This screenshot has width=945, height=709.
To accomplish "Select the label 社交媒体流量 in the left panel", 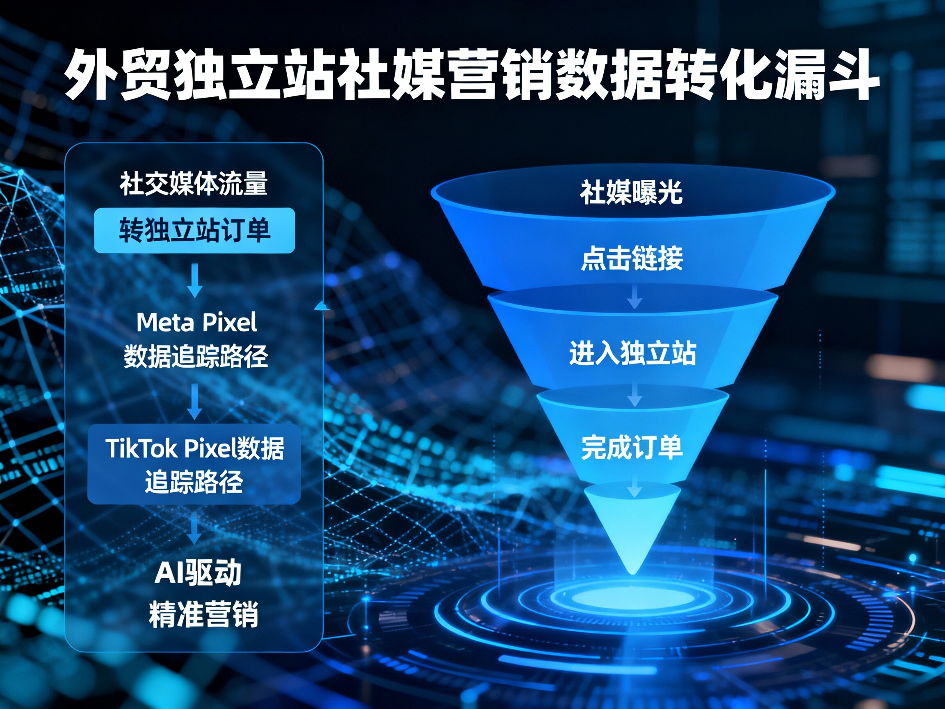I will click(x=194, y=184).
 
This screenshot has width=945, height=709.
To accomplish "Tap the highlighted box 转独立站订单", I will click(x=194, y=231).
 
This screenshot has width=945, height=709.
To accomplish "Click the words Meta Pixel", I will click(x=196, y=322).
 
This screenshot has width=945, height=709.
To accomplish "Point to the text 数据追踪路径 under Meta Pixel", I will click(x=196, y=356).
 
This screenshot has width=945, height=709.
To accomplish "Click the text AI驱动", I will click(x=198, y=573).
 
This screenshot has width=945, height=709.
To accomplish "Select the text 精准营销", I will click(x=203, y=614).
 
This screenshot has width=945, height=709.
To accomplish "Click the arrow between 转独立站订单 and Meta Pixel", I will click(x=195, y=280).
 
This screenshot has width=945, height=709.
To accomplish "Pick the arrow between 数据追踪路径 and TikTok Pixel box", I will click(x=195, y=402).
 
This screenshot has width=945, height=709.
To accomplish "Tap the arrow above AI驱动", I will click(x=195, y=528).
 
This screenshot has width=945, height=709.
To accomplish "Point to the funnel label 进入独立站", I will click(x=632, y=353).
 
